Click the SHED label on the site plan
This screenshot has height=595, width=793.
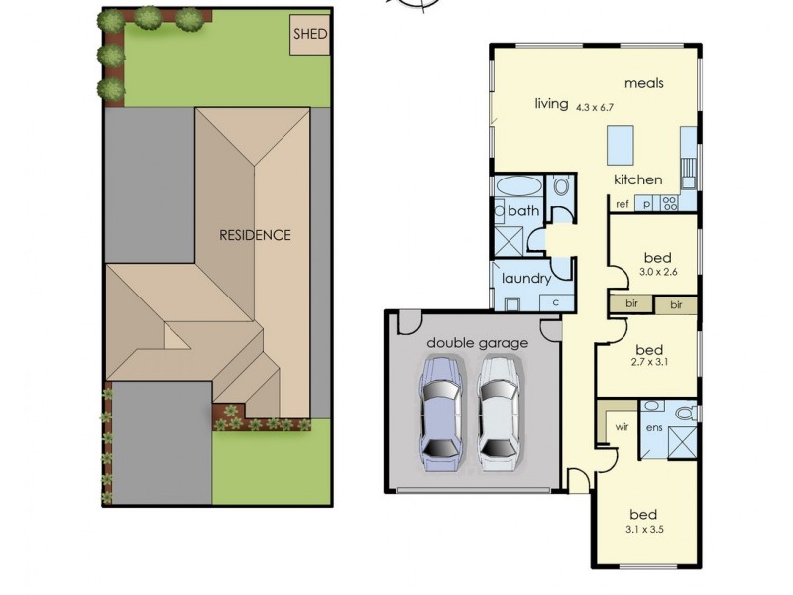309,34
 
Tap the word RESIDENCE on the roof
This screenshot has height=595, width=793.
256,235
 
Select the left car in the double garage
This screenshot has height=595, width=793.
441,412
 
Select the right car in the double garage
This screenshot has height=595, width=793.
499,412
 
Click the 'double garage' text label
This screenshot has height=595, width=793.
478,343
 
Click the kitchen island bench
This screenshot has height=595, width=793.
621,145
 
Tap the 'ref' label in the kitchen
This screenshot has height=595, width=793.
623,205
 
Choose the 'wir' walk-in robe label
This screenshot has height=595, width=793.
623,427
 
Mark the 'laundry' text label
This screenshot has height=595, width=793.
525,278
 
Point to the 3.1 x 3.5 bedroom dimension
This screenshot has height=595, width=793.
644,530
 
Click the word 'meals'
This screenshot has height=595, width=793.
644,83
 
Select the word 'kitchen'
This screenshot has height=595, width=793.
637,179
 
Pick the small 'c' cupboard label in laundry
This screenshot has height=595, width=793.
556,301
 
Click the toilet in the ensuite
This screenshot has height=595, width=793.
683,412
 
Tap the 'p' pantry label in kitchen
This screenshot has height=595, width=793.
646,205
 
